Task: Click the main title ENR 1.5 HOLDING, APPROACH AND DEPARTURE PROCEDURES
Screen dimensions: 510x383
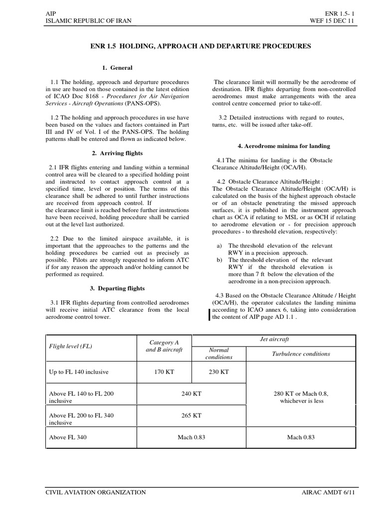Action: coord(199,46)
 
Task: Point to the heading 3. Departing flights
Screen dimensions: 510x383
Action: coord(117,288)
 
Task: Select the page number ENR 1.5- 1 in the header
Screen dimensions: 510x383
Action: coord(338,12)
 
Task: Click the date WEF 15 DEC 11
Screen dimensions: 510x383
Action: coord(332,20)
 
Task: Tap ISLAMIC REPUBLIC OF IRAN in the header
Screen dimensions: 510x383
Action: coord(89,20)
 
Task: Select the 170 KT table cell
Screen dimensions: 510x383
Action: coord(164,372)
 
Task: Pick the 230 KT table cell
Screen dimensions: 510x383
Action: coord(218,372)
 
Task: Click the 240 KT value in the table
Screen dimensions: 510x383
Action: coord(191,393)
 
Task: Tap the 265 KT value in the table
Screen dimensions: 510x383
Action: coord(191,415)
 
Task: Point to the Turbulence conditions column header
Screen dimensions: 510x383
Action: coord(301,354)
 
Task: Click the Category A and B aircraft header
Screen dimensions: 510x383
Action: coord(164,346)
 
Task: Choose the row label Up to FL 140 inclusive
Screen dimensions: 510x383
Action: coord(78,372)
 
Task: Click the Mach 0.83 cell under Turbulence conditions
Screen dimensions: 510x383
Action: coord(301,437)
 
